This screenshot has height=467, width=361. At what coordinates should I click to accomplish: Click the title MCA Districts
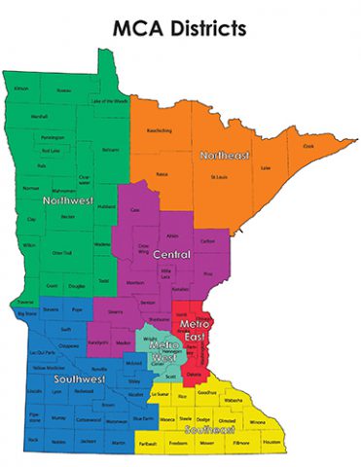point(180,29)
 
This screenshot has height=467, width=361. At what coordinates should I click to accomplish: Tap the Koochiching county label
point(160,130)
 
